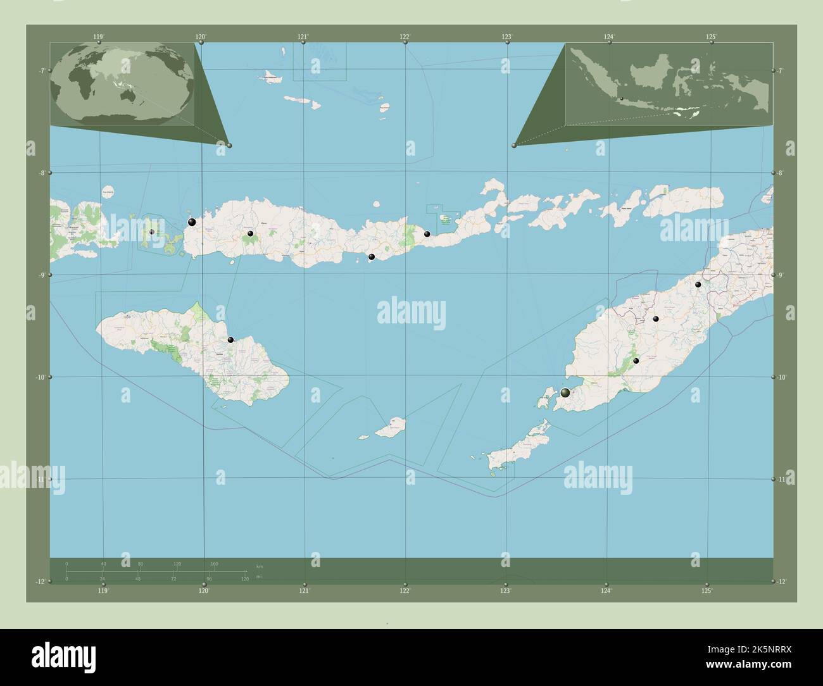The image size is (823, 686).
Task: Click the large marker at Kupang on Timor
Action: [565, 393]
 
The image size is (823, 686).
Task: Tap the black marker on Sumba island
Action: [231, 340]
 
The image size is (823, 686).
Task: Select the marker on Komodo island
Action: [152, 232]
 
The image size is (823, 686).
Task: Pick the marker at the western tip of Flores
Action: [191, 222]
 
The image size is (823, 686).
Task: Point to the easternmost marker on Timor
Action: [698, 285]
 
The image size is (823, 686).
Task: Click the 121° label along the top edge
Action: [303, 37]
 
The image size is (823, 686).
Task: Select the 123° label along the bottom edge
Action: [505, 591]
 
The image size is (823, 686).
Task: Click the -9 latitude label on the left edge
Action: [40, 275]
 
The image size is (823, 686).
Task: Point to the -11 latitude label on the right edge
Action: [782, 479]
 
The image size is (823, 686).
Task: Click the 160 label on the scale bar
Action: [214, 563]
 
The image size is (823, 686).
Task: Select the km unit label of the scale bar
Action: [259, 565]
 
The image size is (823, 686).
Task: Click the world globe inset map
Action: [122, 84]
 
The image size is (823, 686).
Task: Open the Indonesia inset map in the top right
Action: [669, 84]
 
